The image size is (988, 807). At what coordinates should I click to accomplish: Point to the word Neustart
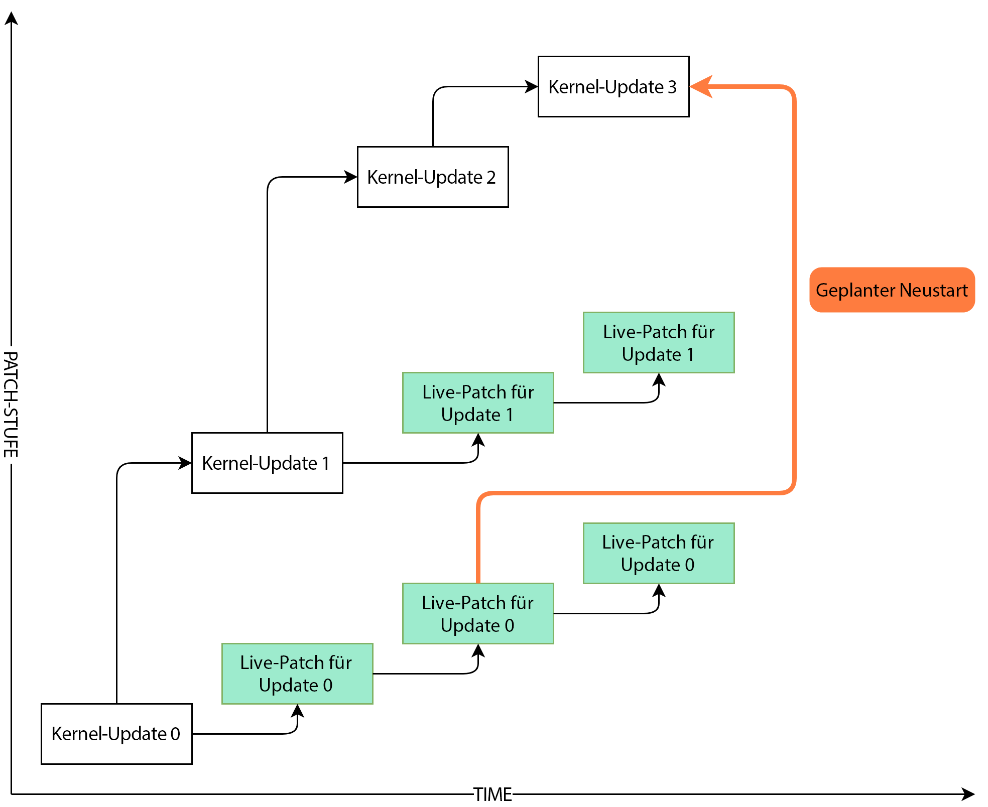click(x=933, y=290)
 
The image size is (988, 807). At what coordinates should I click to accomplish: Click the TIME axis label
click(x=493, y=794)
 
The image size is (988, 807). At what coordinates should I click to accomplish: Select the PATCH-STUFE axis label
click(x=11, y=405)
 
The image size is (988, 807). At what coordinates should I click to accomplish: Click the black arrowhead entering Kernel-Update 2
click(x=350, y=177)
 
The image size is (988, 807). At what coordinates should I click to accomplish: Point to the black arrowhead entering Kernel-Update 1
click(x=185, y=463)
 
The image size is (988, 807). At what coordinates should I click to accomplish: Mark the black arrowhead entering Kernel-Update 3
click(x=531, y=86)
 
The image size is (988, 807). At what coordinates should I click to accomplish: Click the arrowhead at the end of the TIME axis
click(x=968, y=794)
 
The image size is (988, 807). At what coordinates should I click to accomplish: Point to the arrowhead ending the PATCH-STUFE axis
click(x=11, y=18)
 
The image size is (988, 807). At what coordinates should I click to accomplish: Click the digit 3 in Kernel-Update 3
click(x=672, y=87)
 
